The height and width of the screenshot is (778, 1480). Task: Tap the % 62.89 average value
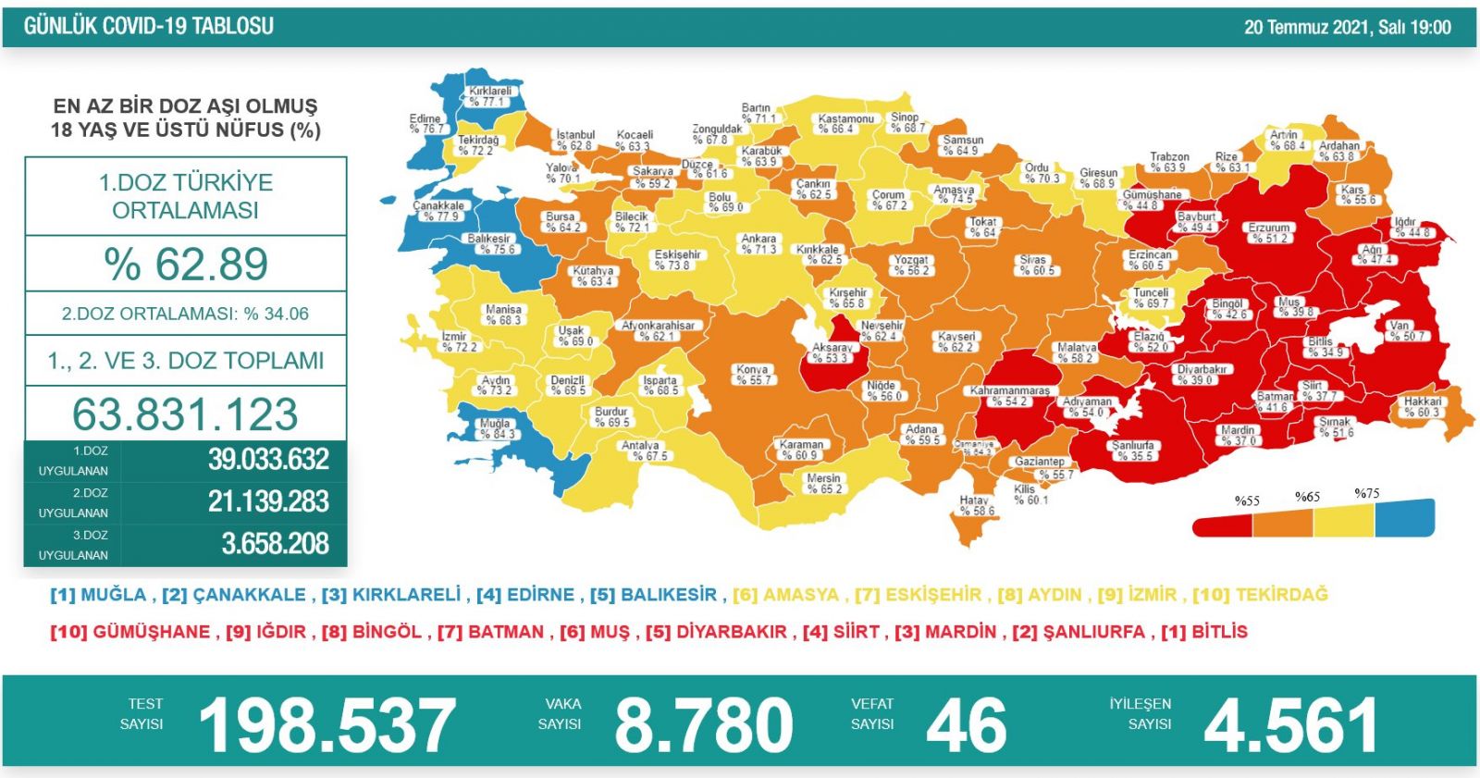pyautogui.click(x=186, y=264)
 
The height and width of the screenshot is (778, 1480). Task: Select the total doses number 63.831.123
pyautogui.click(x=185, y=414)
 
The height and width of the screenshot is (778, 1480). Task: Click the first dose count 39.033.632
pyautogui.click(x=268, y=459)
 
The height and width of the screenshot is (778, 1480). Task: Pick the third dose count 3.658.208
pyautogui.click(x=275, y=543)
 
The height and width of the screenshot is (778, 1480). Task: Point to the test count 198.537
pyautogui.click(x=327, y=725)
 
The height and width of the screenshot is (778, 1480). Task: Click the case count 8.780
pyautogui.click(x=703, y=725)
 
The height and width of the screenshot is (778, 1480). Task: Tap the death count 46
pyautogui.click(x=966, y=725)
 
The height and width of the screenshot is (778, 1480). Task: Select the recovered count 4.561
pyautogui.click(x=1290, y=725)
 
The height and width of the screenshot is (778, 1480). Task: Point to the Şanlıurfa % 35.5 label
pyautogui.click(x=1132, y=450)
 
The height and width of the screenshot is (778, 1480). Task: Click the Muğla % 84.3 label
pyautogui.click(x=496, y=428)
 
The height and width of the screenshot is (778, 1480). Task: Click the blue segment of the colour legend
pyautogui.click(x=1404, y=518)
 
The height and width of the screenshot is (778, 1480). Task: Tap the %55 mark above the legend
pyautogui.click(x=1246, y=500)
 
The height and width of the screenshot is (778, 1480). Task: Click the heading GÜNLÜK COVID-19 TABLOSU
pyautogui.click(x=149, y=26)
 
